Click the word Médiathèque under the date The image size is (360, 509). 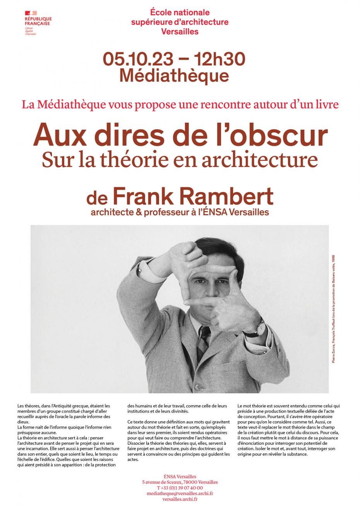click(x=174, y=75)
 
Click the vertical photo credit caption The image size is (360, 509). click(x=333, y=308)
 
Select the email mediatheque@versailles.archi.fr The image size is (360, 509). click(x=180, y=494)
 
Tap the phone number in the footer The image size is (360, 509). click(x=180, y=488)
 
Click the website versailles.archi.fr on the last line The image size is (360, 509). click(x=180, y=499)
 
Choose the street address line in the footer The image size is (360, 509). click(x=180, y=482)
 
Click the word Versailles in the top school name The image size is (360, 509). click(x=180, y=32)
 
